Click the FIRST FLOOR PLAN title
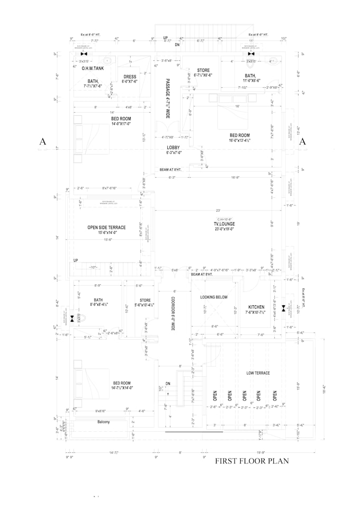(251, 461)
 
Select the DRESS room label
(130, 77)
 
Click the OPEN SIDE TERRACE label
(106, 228)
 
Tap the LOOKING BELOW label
(214, 297)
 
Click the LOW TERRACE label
(258, 373)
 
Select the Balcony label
(103, 422)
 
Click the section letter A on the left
(43, 142)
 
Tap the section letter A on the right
(303, 142)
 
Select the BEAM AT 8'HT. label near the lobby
(171, 170)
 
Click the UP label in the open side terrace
(76, 260)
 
